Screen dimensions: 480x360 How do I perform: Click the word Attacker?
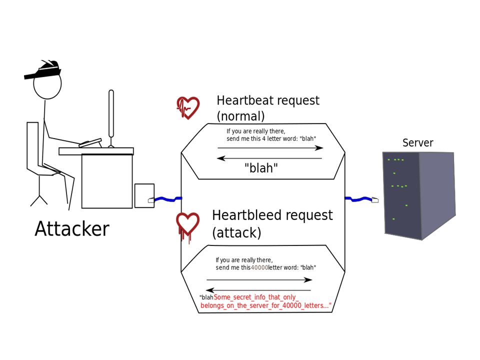point(72,228)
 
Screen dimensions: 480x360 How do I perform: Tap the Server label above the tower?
point(418,142)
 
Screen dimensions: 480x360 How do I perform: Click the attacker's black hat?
point(43,70)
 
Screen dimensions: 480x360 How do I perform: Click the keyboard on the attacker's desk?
point(90,142)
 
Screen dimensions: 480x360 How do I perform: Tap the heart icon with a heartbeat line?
point(188,107)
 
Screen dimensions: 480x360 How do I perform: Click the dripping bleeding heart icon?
point(187,226)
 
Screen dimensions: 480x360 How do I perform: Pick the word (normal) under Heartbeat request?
point(240,116)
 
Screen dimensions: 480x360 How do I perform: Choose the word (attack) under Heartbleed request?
point(236,232)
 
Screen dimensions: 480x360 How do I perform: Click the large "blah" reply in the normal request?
point(261,168)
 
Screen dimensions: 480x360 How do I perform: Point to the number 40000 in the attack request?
point(259,267)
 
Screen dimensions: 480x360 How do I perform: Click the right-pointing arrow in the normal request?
point(270,148)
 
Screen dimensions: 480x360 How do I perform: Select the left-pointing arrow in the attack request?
point(258,290)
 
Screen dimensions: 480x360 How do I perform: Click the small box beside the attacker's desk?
point(144,195)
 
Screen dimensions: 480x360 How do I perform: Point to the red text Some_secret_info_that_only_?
point(256,297)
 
